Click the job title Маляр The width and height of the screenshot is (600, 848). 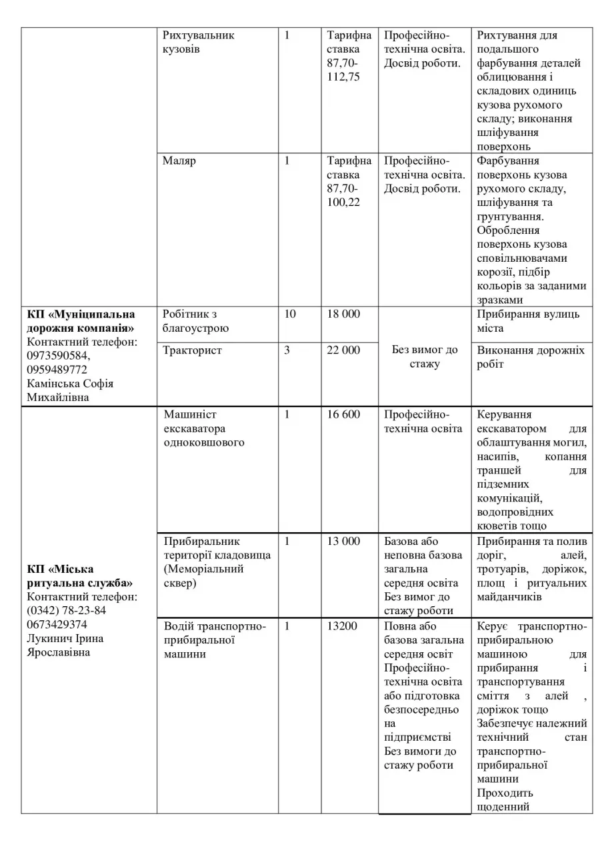(179, 161)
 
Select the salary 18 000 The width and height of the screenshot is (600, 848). (343, 314)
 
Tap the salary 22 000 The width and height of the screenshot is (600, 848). (343, 350)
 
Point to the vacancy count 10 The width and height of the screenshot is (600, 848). (290, 314)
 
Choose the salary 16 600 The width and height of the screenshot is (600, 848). (343, 414)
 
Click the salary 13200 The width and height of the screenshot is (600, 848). (341, 626)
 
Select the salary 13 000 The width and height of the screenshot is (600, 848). (343, 541)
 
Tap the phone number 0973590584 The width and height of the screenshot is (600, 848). (58, 356)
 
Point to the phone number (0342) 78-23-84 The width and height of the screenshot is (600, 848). (67, 610)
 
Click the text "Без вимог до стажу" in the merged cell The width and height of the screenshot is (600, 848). (425, 356)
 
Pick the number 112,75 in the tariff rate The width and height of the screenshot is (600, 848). (343, 77)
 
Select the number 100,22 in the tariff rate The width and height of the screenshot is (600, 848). (343, 203)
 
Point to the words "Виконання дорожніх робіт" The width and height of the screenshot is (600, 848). (531, 357)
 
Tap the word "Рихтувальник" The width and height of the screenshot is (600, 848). (199, 35)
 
